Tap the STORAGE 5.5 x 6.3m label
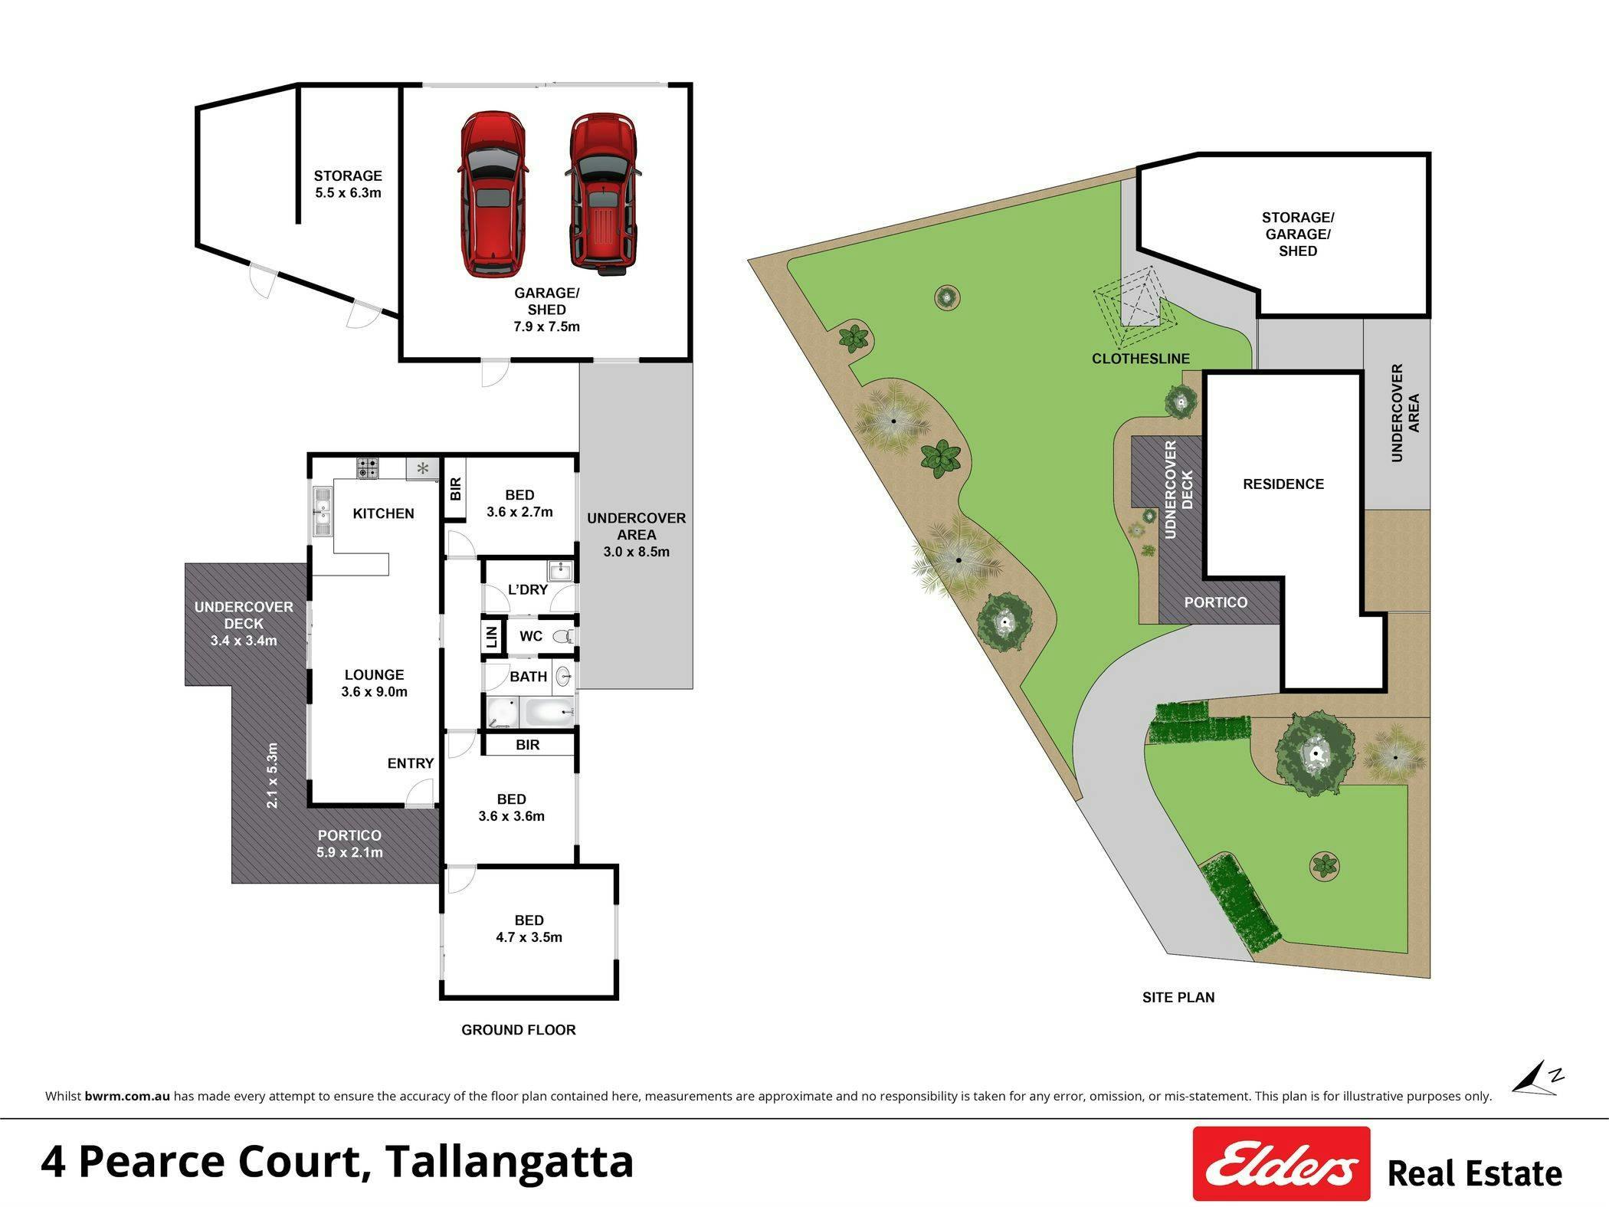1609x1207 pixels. pos(348,184)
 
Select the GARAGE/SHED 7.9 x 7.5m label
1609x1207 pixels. pos(546,310)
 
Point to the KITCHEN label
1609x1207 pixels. pos(383,513)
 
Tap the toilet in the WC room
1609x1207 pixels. pos(563,636)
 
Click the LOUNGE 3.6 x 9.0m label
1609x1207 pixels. pos(374,683)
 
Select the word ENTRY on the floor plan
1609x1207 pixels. pos(411,763)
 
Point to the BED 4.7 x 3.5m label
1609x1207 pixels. pos(529,929)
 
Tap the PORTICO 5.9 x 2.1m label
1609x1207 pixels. pos(349,844)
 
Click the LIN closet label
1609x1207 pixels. pos(492,636)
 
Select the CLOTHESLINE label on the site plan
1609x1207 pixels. pos(1141,359)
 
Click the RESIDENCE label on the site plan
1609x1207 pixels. pos(1283,484)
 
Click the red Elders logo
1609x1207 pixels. pos(1281,1163)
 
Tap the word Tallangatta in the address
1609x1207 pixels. pos(510,1162)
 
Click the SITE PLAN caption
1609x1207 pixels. pos(1178,997)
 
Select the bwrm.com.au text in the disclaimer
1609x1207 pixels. pos(127,1096)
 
